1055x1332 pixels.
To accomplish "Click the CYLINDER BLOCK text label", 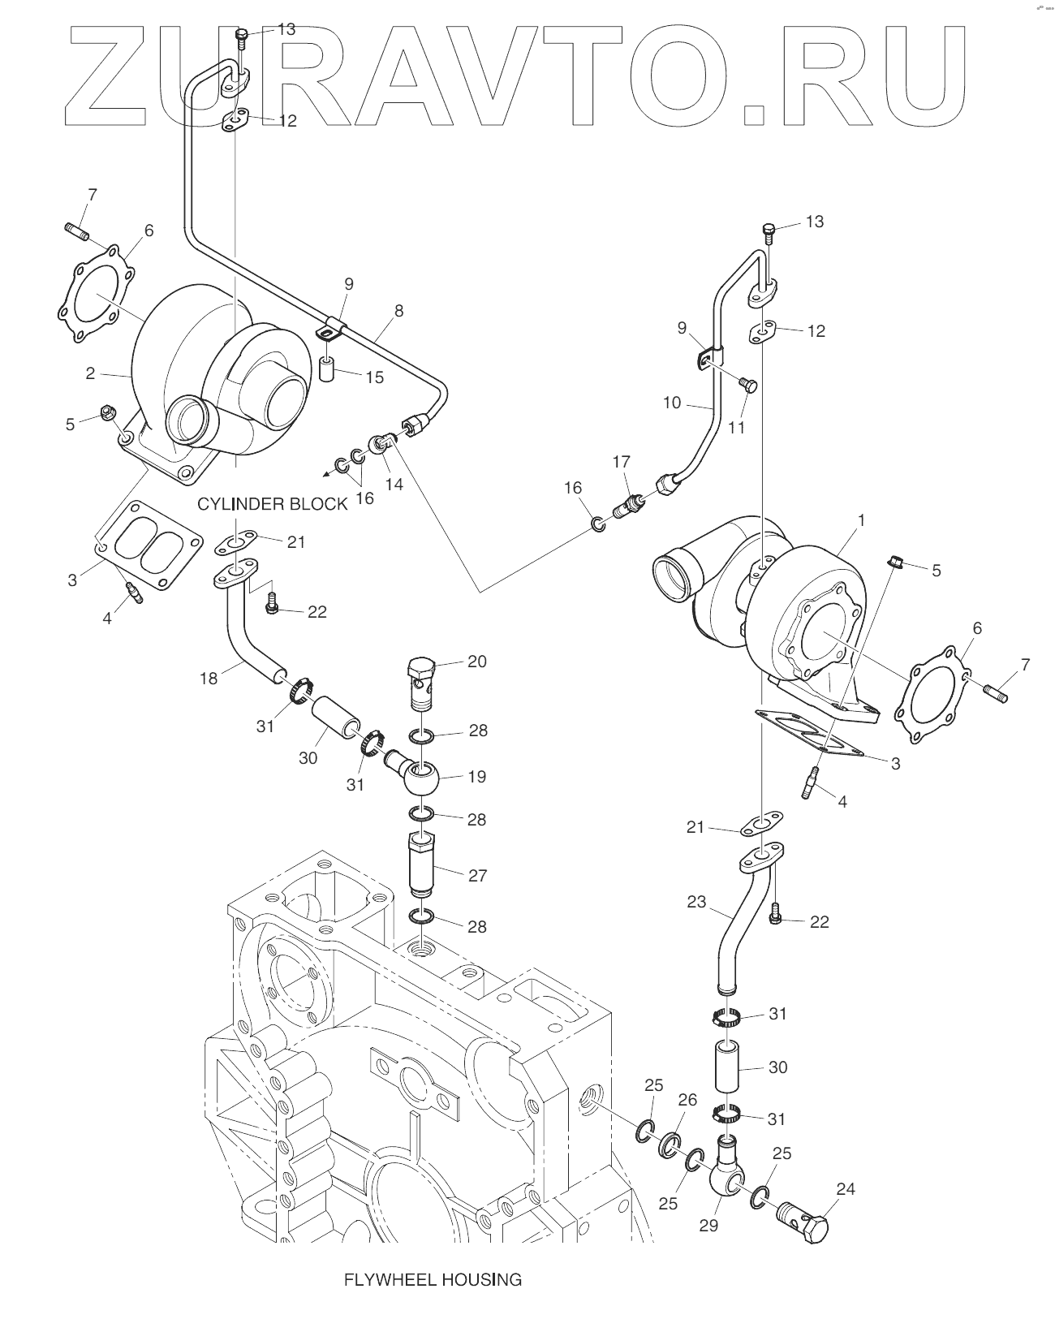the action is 272,504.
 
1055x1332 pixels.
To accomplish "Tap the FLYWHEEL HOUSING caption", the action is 433,1279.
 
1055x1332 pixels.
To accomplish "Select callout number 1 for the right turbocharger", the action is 860,520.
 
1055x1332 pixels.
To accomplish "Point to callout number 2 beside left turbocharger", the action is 90,373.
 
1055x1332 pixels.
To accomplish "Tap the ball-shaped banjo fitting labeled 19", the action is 415,774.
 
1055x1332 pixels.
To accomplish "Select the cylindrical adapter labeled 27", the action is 422,865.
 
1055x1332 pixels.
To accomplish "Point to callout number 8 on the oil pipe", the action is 398,311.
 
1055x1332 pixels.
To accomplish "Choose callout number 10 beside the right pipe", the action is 672,403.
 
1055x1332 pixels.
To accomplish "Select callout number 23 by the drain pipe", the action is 696,902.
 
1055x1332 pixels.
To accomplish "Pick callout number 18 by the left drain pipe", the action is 209,679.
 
